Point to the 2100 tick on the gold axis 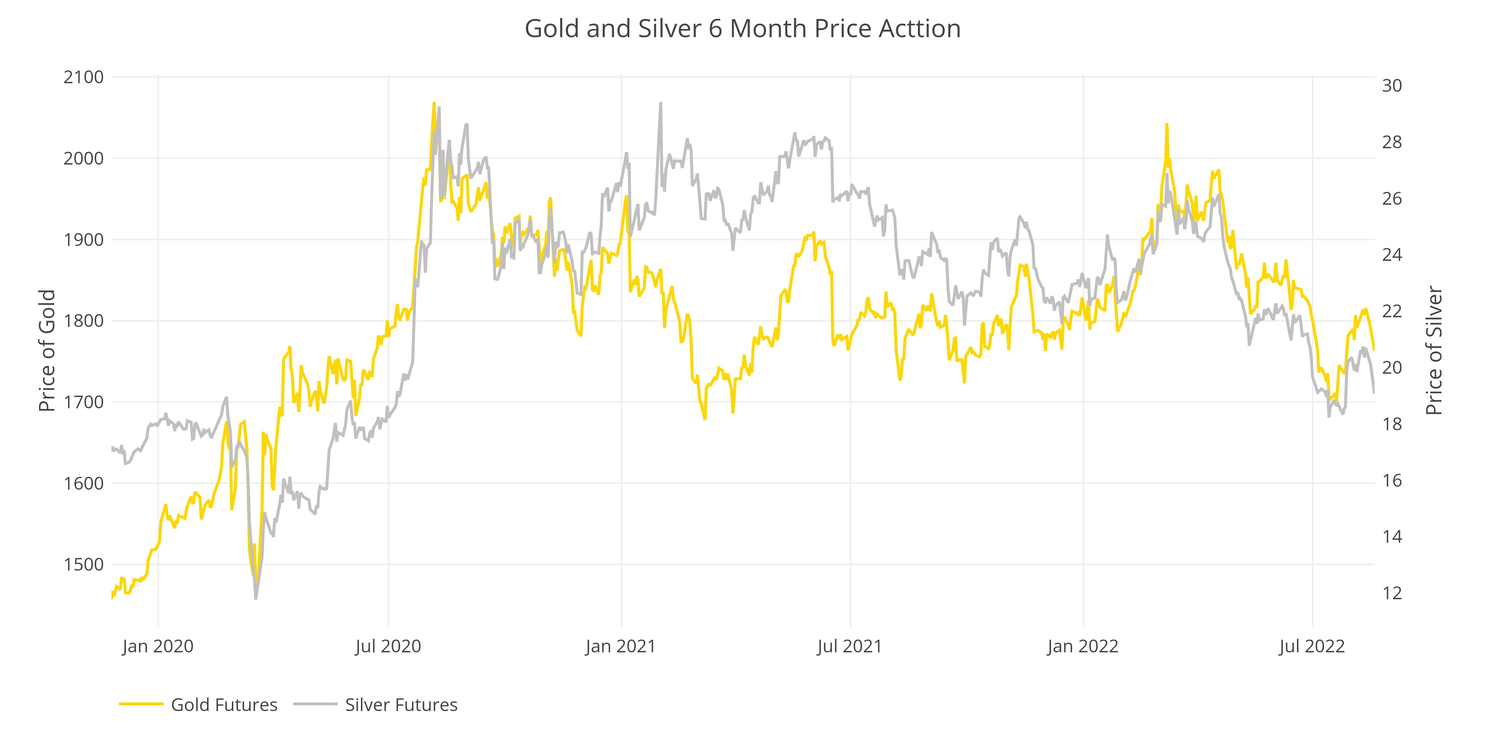click(84, 77)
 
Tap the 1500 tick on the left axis click(84, 564)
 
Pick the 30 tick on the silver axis click(1391, 86)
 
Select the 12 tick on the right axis click(1391, 593)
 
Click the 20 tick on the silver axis click(1391, 367)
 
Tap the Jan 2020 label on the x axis click(158, 646)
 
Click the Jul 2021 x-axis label click(850, 646)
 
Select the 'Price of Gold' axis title click(47, 351)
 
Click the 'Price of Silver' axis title click(1434, 351)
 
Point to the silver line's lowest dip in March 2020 click(256, 598)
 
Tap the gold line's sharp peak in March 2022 click(1167, 124)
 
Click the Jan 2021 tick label click(621, 646)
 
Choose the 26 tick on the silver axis click(1391, 198)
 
